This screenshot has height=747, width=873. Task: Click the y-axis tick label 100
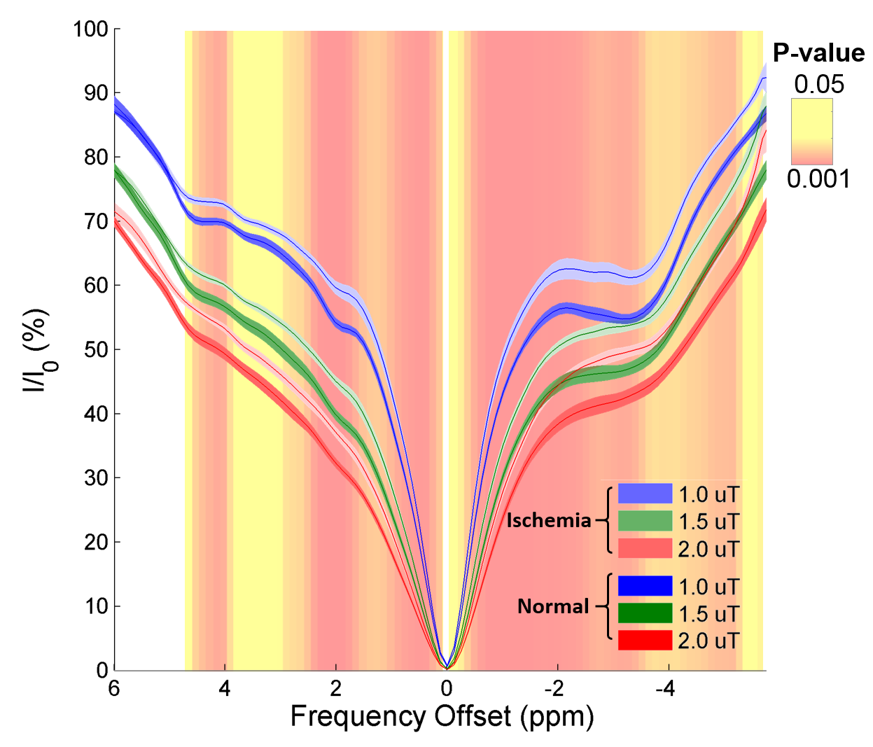pos(90,29)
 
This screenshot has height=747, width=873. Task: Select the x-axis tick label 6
pos(114,689)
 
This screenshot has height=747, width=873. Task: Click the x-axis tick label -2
pos(557,689)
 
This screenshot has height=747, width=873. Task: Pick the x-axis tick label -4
pos(668,689)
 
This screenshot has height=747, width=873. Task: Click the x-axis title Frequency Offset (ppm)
pos(442,717)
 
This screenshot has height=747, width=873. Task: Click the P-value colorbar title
pos(818,53)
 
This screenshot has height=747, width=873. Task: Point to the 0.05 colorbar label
pos(818,85)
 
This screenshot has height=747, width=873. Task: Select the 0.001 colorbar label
pos(818,179)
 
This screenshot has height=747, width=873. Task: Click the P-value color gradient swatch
pos(812,131)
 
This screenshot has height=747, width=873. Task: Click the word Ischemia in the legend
pos(549,520)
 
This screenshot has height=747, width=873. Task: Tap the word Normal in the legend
pos(553,606)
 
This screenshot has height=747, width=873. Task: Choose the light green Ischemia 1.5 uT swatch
pos(645,522)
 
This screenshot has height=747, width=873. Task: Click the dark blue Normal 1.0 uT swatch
pos(645,586)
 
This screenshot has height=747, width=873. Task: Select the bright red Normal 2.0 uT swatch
pos(645,641)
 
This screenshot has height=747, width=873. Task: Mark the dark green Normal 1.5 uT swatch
pos(645,613)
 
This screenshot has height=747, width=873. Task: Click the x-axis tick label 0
pos(447,689)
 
